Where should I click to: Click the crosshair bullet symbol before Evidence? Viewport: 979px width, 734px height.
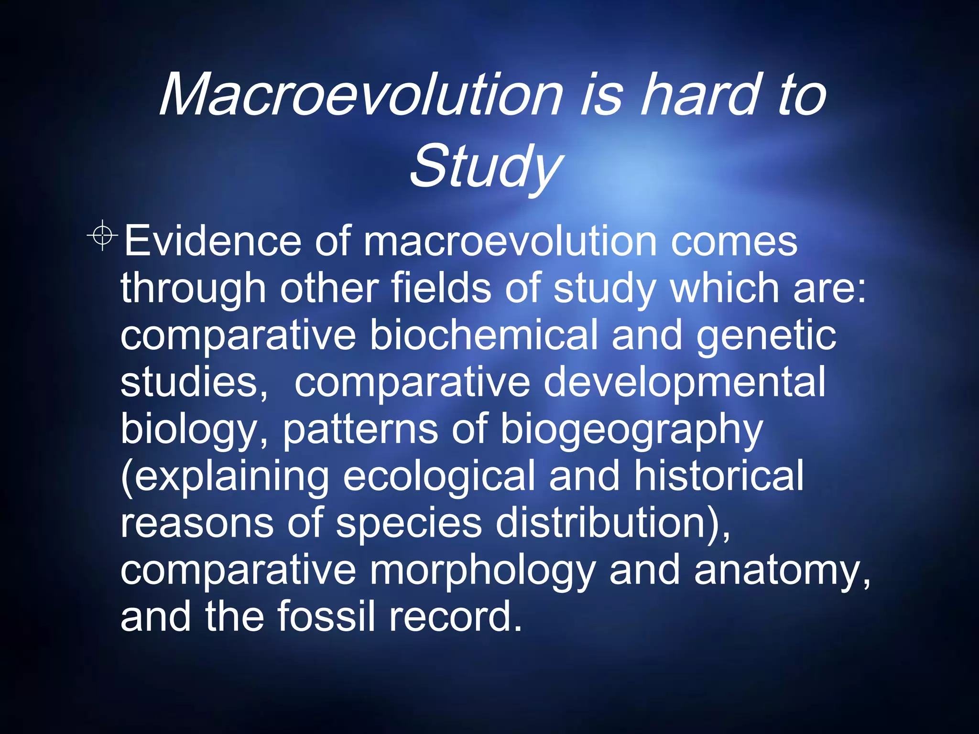tap(102, 235)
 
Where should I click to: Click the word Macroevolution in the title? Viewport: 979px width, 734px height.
tap(361, 94)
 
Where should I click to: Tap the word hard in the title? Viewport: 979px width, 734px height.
tap(700, 94)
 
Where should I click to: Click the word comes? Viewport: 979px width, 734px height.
tap(734, 241)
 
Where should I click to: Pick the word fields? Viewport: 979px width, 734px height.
tap(441, 288)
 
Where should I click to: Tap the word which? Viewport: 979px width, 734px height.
tap(725, 288)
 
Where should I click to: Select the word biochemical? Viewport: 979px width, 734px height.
tap(483, 335)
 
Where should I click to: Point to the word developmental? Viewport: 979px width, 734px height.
tap(684, 382)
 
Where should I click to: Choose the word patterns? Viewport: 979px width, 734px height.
tap(360, 429)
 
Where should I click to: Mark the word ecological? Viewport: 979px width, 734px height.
tap(439, 476)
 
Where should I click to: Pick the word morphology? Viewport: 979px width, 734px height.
tap(482, 571)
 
